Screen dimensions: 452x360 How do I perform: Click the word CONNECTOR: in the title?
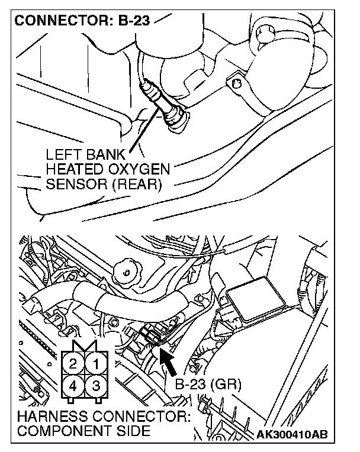tap(58, 22)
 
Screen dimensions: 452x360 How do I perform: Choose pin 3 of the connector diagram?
tap(95, 385)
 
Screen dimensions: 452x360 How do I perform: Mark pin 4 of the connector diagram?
tap(73, 385)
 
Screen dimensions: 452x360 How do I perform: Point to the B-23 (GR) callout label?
tap(208, 385)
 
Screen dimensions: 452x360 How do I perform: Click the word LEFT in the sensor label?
tap(61, 154)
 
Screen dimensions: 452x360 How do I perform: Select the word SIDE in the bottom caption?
tap(136, 431)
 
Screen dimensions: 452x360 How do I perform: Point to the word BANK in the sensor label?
tap(105, 154)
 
